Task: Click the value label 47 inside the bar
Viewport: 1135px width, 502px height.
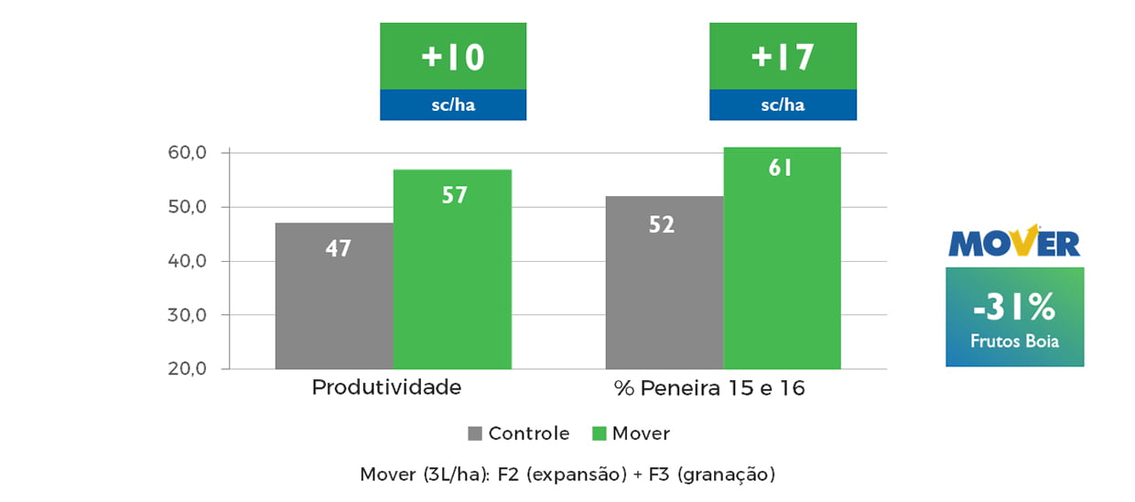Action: [338, 247]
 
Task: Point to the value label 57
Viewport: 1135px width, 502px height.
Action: [454, 195]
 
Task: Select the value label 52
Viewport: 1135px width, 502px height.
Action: [662, 224]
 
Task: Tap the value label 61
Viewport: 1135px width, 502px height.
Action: [781, 169]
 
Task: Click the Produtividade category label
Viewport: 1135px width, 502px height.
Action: [386, 387]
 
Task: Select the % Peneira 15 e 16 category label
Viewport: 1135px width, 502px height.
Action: [709, 388]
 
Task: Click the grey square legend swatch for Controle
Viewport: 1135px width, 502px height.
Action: [475, 433]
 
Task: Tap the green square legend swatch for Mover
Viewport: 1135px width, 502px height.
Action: [600, 433]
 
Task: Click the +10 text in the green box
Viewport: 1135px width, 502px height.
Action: [452, 57]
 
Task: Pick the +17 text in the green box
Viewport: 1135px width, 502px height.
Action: [783, 57]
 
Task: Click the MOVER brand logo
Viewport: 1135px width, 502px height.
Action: [1014, 242]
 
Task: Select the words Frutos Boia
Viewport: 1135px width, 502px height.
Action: [1014, 342]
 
